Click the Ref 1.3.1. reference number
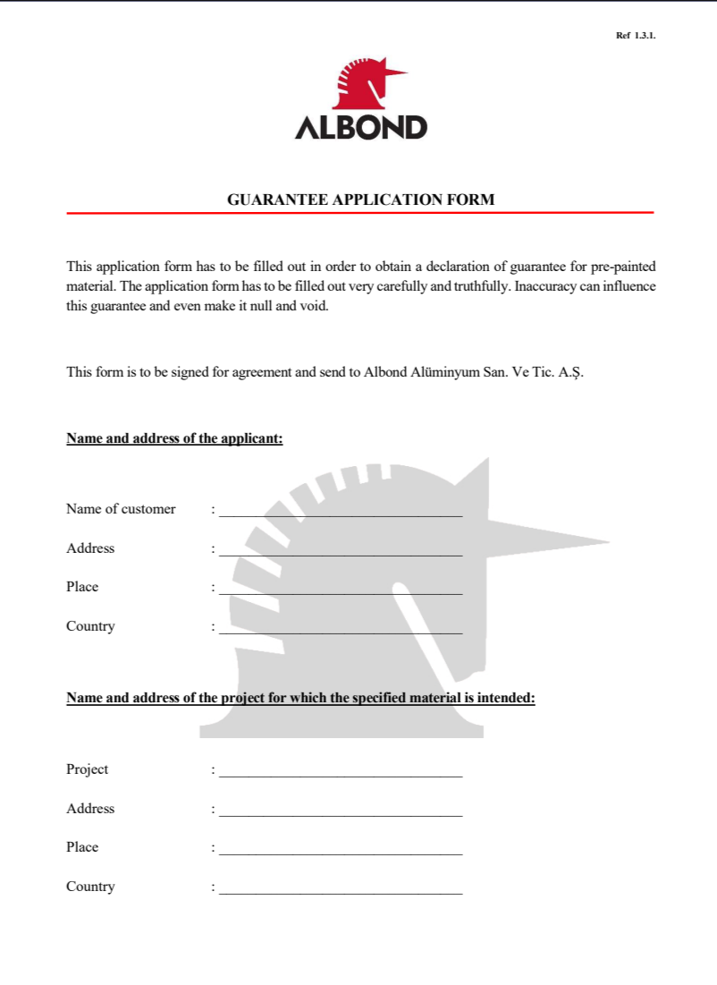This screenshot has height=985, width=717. (636, 36)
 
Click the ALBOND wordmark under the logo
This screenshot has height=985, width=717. (361, 128)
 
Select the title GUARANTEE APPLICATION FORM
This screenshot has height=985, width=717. (360, 200)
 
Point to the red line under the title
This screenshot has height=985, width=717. (360, 213)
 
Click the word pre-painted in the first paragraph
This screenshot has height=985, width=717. (623, 267)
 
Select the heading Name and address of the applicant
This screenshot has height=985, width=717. (174, 439)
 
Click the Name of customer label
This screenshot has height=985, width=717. (121, 509)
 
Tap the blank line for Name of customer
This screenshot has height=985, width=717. (341, 514)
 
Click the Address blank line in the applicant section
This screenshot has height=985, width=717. (341, 554)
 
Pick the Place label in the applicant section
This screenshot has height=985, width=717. (82, 587)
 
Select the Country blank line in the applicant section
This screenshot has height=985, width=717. (341, 632)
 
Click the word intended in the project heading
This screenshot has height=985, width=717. (506, 698)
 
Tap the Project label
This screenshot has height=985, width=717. (88, 769)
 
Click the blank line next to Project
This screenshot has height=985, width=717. (341, 775)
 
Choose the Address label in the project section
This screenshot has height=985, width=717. (90, 809)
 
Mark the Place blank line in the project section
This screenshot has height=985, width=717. (341, 853)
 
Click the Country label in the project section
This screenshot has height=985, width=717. (90, 887)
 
